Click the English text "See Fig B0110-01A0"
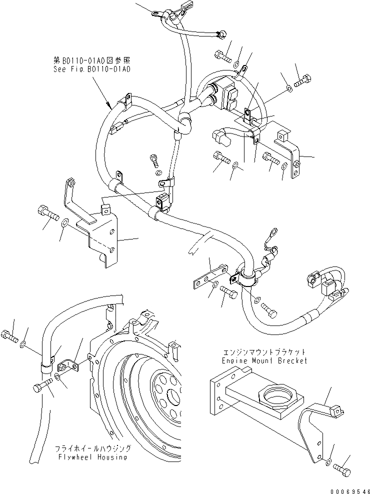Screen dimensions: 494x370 [92, 69]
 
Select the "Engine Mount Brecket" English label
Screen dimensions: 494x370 [264, 360]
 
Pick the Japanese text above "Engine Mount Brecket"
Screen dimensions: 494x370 [264, 352]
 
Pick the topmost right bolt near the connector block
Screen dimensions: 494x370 [303, 80]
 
